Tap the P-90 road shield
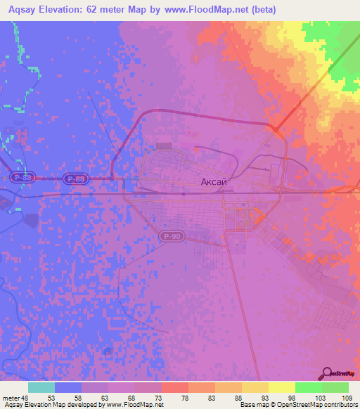coord(171,237)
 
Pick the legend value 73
coord(161,397)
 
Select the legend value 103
coord(321,397)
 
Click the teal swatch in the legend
coord(41,387)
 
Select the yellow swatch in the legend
coord(281,387)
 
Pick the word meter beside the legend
coord(11,397)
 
